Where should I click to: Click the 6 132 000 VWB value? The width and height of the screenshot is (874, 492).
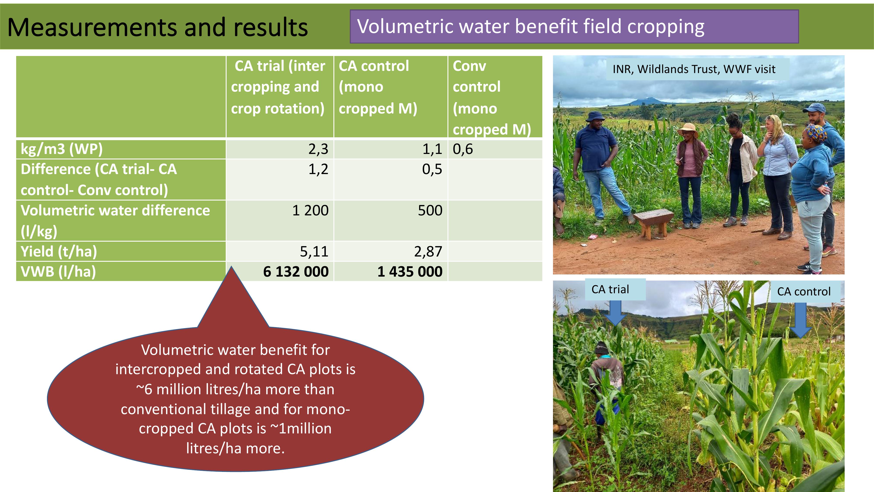tap(296, 272)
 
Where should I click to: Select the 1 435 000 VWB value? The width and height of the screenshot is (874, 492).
tap(410, 272)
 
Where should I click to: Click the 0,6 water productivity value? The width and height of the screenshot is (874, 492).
tap(463, 149)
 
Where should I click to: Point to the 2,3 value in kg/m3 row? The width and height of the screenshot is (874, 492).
tap(318, 149)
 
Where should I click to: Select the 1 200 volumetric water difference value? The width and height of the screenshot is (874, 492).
tap(310, 211)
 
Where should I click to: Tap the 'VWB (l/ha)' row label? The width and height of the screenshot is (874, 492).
tap(58, 272)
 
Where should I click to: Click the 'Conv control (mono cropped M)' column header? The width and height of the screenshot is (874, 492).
tap(492, 98)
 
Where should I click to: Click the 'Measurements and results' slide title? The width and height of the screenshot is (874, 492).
tap(157, 27)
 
